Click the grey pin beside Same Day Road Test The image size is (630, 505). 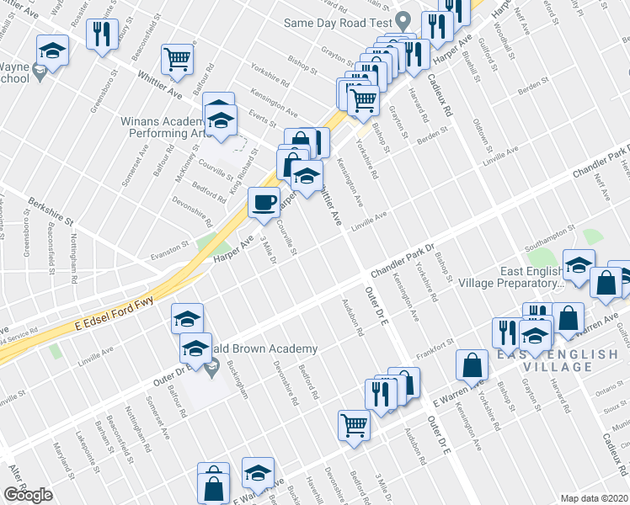point(403,20)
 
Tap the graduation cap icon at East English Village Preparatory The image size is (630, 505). point(579,265)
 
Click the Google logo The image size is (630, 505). point(29,495)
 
